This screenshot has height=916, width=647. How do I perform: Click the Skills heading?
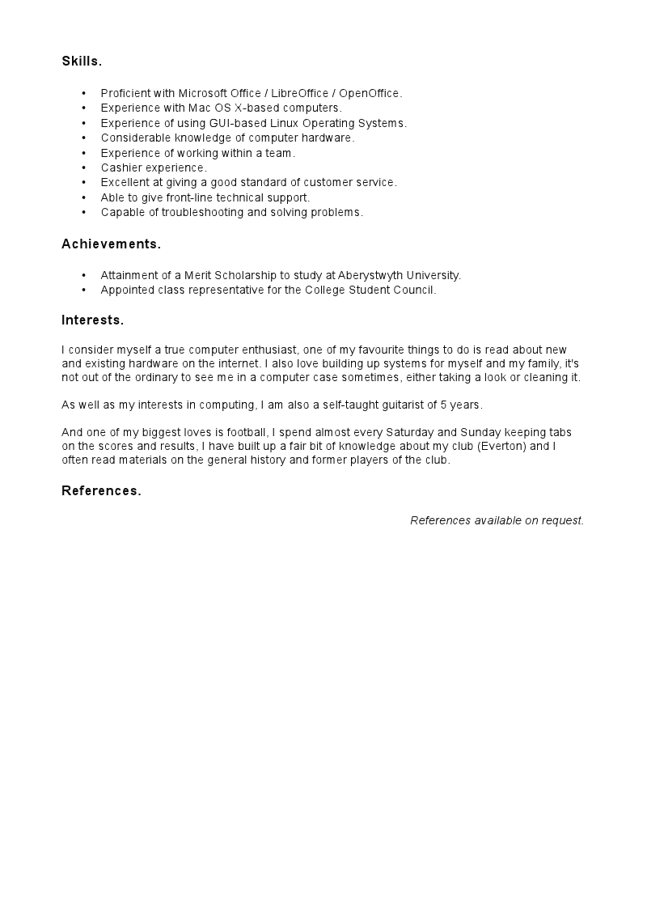[x=82, y=61]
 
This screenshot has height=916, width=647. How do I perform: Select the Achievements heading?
[x=111, y=244]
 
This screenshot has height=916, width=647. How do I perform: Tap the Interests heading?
[x=92, y=320]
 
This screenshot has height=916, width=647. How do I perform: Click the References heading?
[x=101, y=491]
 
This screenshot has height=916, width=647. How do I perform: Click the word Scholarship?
[x=246, y=276]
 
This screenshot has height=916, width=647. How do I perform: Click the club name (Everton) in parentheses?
[x=504, y=447]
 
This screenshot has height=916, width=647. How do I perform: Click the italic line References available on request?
[x=497, y=520]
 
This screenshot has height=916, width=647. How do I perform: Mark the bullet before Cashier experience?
[x=83, y=168]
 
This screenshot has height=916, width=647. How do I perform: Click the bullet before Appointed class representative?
[x=83, y=290]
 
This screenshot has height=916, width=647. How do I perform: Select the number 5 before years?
[x=444, y=405]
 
